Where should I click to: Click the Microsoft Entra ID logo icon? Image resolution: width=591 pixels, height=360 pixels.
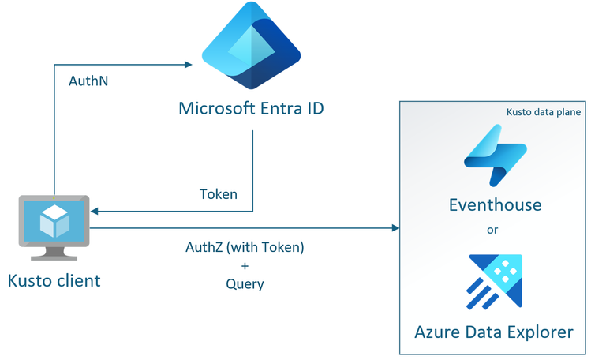tap(251, 48)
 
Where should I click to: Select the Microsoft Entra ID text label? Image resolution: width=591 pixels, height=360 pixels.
tap(251, 108)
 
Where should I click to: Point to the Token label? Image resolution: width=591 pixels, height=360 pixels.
tap(219, 194)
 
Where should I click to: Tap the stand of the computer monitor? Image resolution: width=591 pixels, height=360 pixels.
tap(54, 252)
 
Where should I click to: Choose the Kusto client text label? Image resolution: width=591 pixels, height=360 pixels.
tap(54, 280)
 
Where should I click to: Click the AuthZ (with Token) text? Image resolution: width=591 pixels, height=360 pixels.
tap(245, 247)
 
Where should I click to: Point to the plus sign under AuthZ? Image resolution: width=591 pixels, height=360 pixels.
tap(245, 266)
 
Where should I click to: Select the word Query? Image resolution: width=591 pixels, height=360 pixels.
tap(245, 284)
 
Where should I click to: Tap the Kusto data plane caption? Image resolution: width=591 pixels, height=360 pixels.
tap(544, 112)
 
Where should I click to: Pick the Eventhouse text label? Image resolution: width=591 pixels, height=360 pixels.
tap(495, 205)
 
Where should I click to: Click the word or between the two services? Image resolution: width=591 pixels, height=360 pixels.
tap(495, 231)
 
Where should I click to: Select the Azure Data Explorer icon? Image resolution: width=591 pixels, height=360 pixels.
tap(495, 281)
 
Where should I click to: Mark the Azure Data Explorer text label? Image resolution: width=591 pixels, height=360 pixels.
tap(495, 332)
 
